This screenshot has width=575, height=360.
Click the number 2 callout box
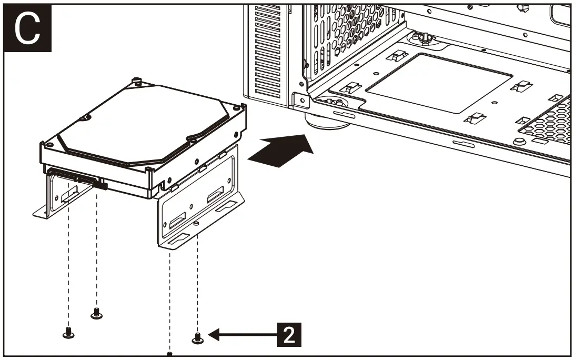289,334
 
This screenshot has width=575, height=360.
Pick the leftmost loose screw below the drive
67,333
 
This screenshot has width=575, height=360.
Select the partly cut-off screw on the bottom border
169,354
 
